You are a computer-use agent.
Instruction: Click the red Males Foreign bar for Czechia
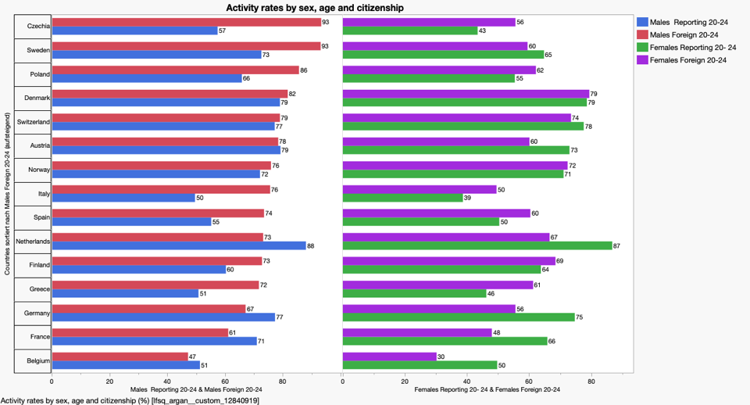click(x=186, y=22)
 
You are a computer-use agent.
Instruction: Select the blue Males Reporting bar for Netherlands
click(x=179, y=246)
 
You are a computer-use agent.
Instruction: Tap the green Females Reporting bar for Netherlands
click(x=477, y=246)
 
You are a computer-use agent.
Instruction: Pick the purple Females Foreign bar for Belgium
click(x=390, y=357)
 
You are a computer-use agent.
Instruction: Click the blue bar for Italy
click(x=123, y=198)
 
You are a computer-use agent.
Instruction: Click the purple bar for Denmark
click(x=466, y=94)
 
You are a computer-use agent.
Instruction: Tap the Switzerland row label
click(x=34, y=123)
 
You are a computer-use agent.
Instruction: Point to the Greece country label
click(x=38, y=289)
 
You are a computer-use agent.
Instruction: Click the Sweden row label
click(x=37, y=50)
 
